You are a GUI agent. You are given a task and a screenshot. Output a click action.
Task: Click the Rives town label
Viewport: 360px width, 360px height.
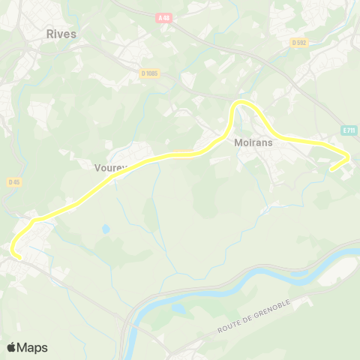pos(61,34)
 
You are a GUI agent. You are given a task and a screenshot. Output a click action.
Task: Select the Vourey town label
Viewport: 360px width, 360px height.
pos(111,167)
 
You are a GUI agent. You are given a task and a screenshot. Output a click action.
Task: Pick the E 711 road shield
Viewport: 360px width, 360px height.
pos(348,130)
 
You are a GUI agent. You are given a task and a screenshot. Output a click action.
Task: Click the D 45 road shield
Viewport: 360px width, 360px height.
pos(14,181)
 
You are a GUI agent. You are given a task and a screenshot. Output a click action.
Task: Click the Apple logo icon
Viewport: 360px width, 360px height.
pos(12,347)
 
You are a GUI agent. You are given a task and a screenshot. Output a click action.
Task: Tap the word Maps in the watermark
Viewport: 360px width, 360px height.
pos(32,347)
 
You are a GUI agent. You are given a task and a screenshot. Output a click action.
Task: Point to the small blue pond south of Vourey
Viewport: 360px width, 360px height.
pos(106,229)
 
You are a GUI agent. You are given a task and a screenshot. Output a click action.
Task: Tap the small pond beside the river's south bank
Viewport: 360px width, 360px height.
pos(178,307)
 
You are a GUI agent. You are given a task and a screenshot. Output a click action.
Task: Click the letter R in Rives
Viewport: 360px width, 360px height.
pos(49,34)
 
